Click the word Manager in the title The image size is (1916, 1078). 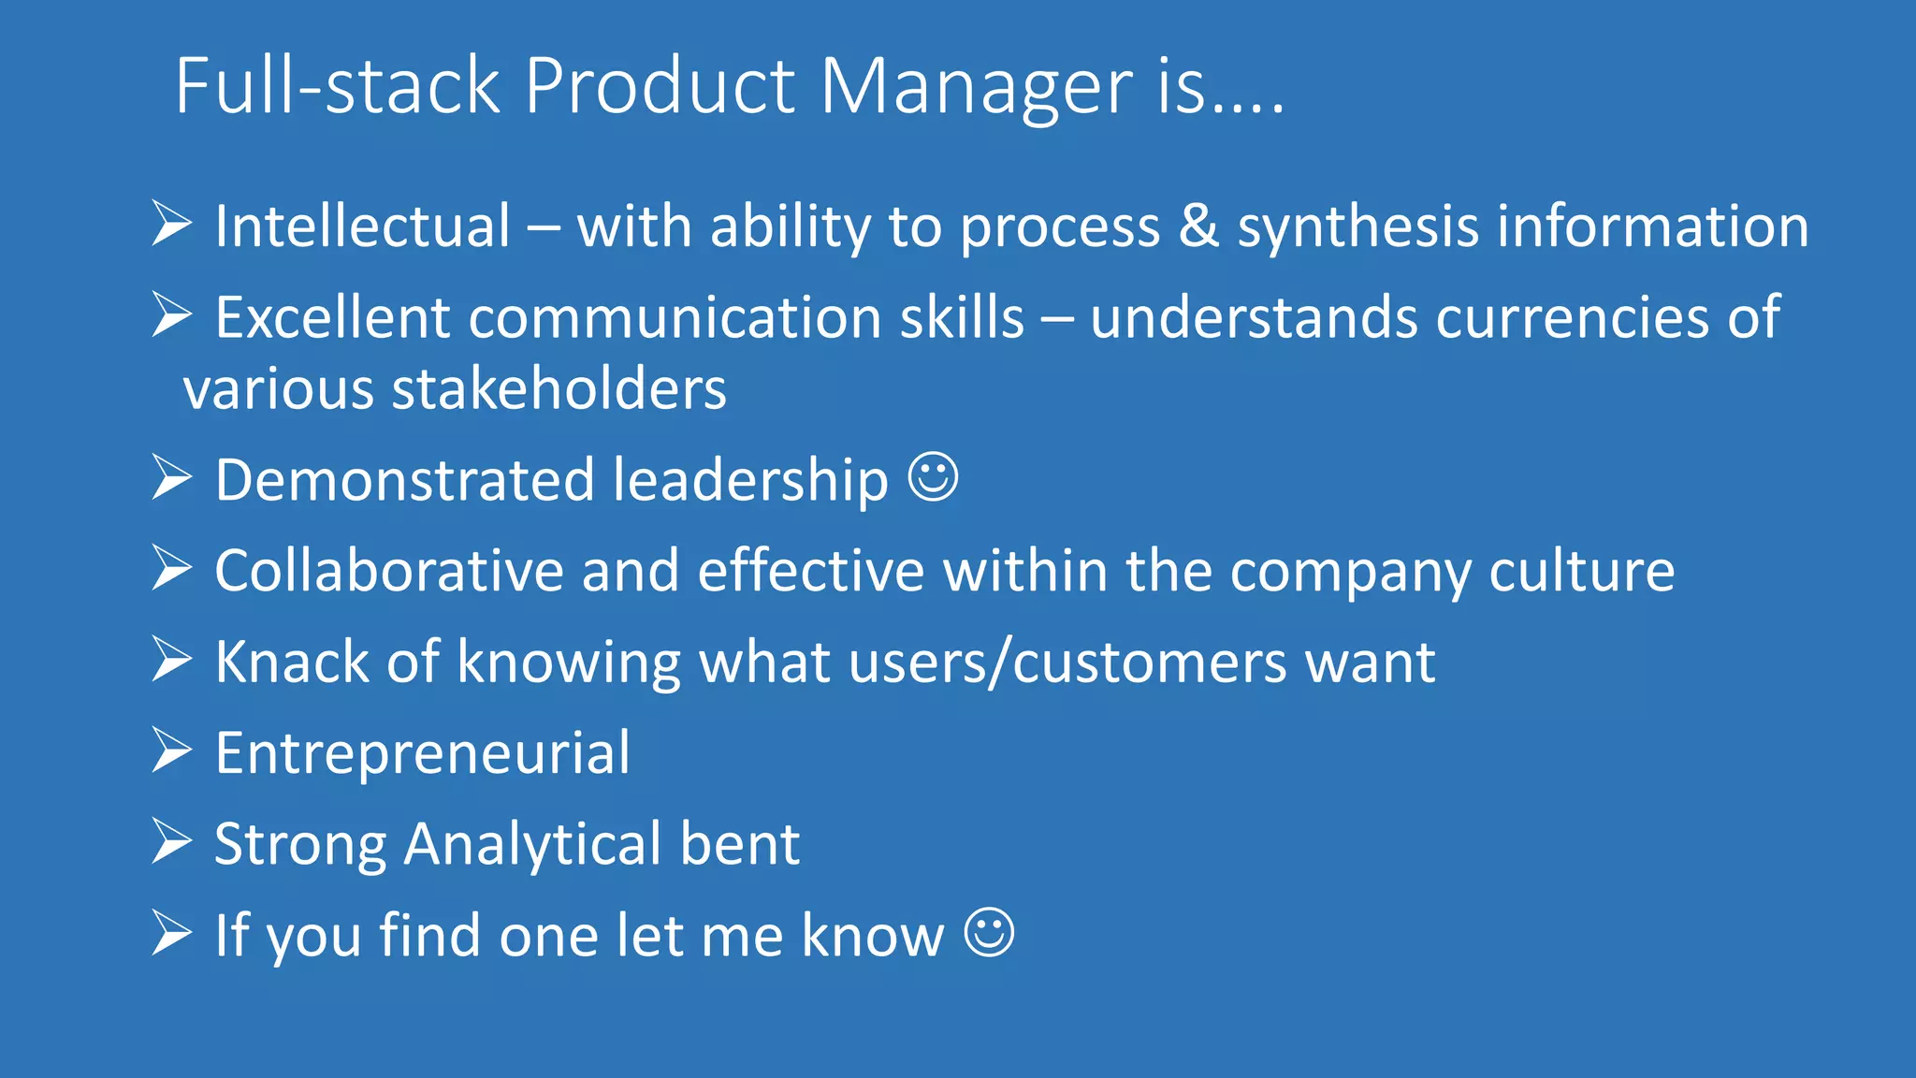(x=976, y=87)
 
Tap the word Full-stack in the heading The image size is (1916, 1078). (x=338, y=86)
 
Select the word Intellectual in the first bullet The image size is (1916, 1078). (x=363, y=226)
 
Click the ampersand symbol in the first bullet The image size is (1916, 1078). (x=1198, y=226)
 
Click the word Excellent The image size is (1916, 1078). (x=332, y=317)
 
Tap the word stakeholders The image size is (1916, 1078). (x=559, y=388)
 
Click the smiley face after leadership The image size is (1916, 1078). (x=934, y=478)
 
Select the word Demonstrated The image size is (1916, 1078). (x=404, y=480)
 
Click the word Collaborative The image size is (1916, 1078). (x=388, y=571)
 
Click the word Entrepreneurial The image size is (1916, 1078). (x=423, y=753)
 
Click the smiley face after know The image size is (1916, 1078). (x=989, y=933)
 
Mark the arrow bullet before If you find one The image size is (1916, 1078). (x=172, y=933)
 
